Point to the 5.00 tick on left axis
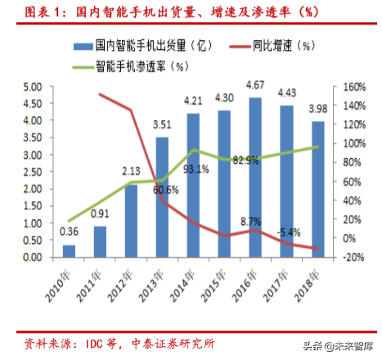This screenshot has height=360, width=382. coord(32,87)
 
